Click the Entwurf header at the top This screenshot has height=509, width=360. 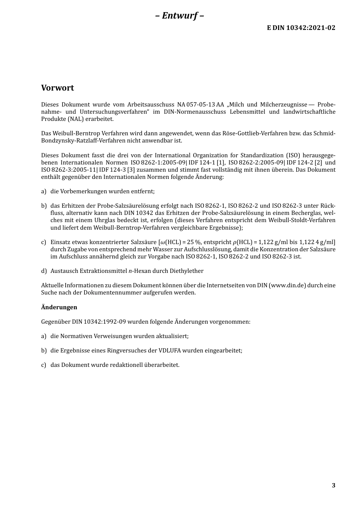(180, 16)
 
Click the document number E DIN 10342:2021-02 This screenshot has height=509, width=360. (301, 28)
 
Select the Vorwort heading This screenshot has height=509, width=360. (58, 88)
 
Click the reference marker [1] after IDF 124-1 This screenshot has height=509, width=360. (221, 163)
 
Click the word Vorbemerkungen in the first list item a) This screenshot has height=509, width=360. (83, 191)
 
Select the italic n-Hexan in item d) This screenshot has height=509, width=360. (138, 271)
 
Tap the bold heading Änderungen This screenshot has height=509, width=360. (59, 307)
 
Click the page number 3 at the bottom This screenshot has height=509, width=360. (333, 486)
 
